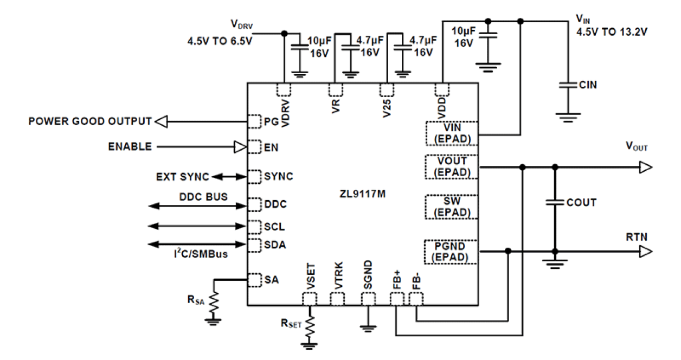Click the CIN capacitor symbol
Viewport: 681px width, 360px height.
[x=566, y=85]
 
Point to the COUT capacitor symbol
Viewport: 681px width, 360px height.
[x=555, y=202]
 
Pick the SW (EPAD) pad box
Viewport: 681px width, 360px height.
[x=452, y=207]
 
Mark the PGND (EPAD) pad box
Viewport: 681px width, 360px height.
[x=452, y=252]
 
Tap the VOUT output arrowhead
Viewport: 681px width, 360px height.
[x=645, y=168]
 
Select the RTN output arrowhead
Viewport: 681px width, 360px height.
[x=645, y=252]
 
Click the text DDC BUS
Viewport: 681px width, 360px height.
[x=203, y=196]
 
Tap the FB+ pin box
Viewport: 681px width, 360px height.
[x=397, y=299]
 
